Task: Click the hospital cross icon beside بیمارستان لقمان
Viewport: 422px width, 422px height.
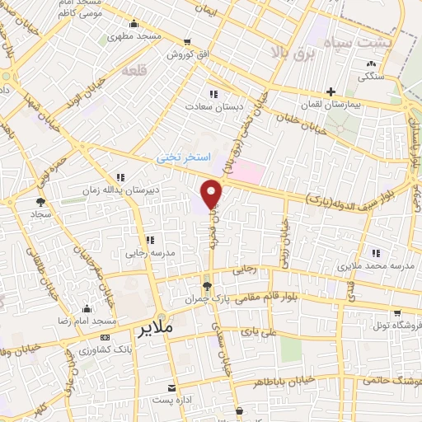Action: (331, 91)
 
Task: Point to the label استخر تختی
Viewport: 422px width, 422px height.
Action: (185, 156)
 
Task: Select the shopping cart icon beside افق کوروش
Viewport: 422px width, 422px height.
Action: (188, 41)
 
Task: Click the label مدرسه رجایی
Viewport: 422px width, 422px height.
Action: (148, 255)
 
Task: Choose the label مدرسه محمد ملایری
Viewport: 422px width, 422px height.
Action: (368, 267)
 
